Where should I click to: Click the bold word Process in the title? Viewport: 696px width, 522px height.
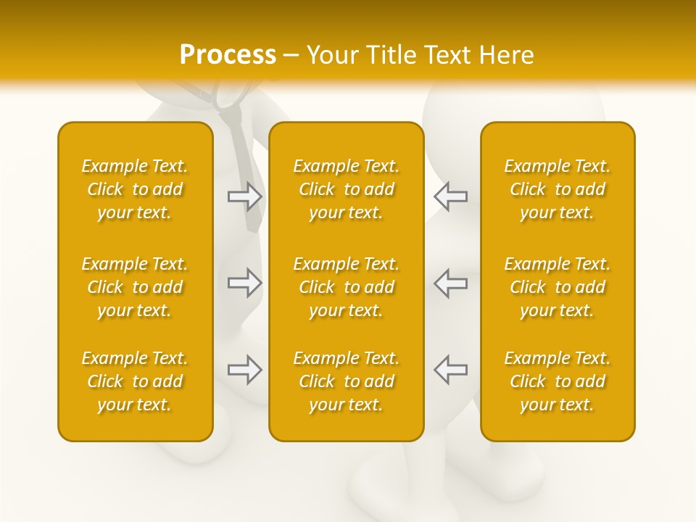[228, 55]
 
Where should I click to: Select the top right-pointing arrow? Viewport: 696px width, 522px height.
[245, 196]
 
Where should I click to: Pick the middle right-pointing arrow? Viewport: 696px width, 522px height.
[245, 283]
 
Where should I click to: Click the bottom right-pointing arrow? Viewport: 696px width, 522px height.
[245, 370]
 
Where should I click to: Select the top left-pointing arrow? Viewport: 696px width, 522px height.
[450, 196]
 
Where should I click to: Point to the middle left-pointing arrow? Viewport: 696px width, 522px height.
[450, 283]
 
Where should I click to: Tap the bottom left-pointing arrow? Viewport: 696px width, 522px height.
[450, 370]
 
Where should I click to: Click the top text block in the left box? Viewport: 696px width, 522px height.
[135, 189]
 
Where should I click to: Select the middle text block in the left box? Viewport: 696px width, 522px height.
[135, 287]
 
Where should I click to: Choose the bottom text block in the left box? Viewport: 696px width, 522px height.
[135, 381]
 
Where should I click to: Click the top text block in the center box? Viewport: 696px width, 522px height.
[347, 189]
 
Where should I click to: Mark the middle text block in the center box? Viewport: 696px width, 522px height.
[347, 287]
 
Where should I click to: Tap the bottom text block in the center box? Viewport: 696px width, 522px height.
[347, 381]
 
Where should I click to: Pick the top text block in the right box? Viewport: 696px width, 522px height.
[558, 189]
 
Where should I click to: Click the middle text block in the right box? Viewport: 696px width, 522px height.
[558, 287]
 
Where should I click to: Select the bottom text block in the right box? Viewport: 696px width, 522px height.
[558, 381]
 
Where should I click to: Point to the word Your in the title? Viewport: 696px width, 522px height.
[332, 55]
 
